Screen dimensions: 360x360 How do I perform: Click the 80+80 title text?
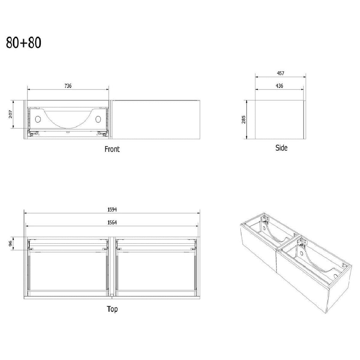(24, 43)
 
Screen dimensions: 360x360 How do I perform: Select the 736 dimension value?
(68, 86)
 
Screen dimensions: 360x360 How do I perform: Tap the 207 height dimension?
(11, 114)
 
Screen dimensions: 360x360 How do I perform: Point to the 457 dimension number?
(281, 73)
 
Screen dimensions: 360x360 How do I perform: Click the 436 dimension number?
(280, 86)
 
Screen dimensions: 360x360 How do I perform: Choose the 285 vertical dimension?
(243, 120)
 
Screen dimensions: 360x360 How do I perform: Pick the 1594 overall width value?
(112, 210)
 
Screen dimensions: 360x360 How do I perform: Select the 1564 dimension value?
(112, 222)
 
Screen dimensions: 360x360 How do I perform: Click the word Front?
(112, 149)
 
